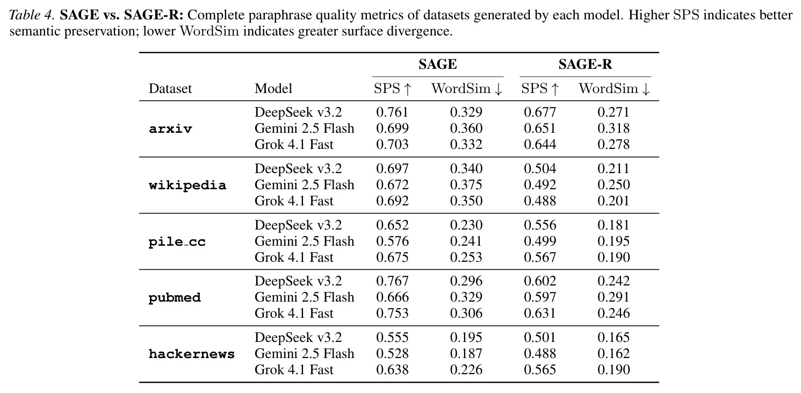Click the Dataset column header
coord(170,88)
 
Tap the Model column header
coord(273,88)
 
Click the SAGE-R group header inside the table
coord(585,65)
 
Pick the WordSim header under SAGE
coord(467,88)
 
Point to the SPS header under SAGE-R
coord(540,88)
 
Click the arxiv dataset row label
coord(170,128)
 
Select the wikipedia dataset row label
coord(187,185)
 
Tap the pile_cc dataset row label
coord(177,241)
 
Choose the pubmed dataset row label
coord(175,298)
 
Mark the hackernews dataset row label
coord(192,354)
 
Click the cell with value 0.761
coord(392,112)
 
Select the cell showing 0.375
coord(466,185)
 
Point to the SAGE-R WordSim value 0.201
coord(614,201)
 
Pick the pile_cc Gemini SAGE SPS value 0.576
coord(392,241)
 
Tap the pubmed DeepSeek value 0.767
coord(392,281)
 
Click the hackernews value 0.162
coord(614,354)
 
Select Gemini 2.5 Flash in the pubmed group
coord(304,297)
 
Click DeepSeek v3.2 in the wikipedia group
coord(298,169)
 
